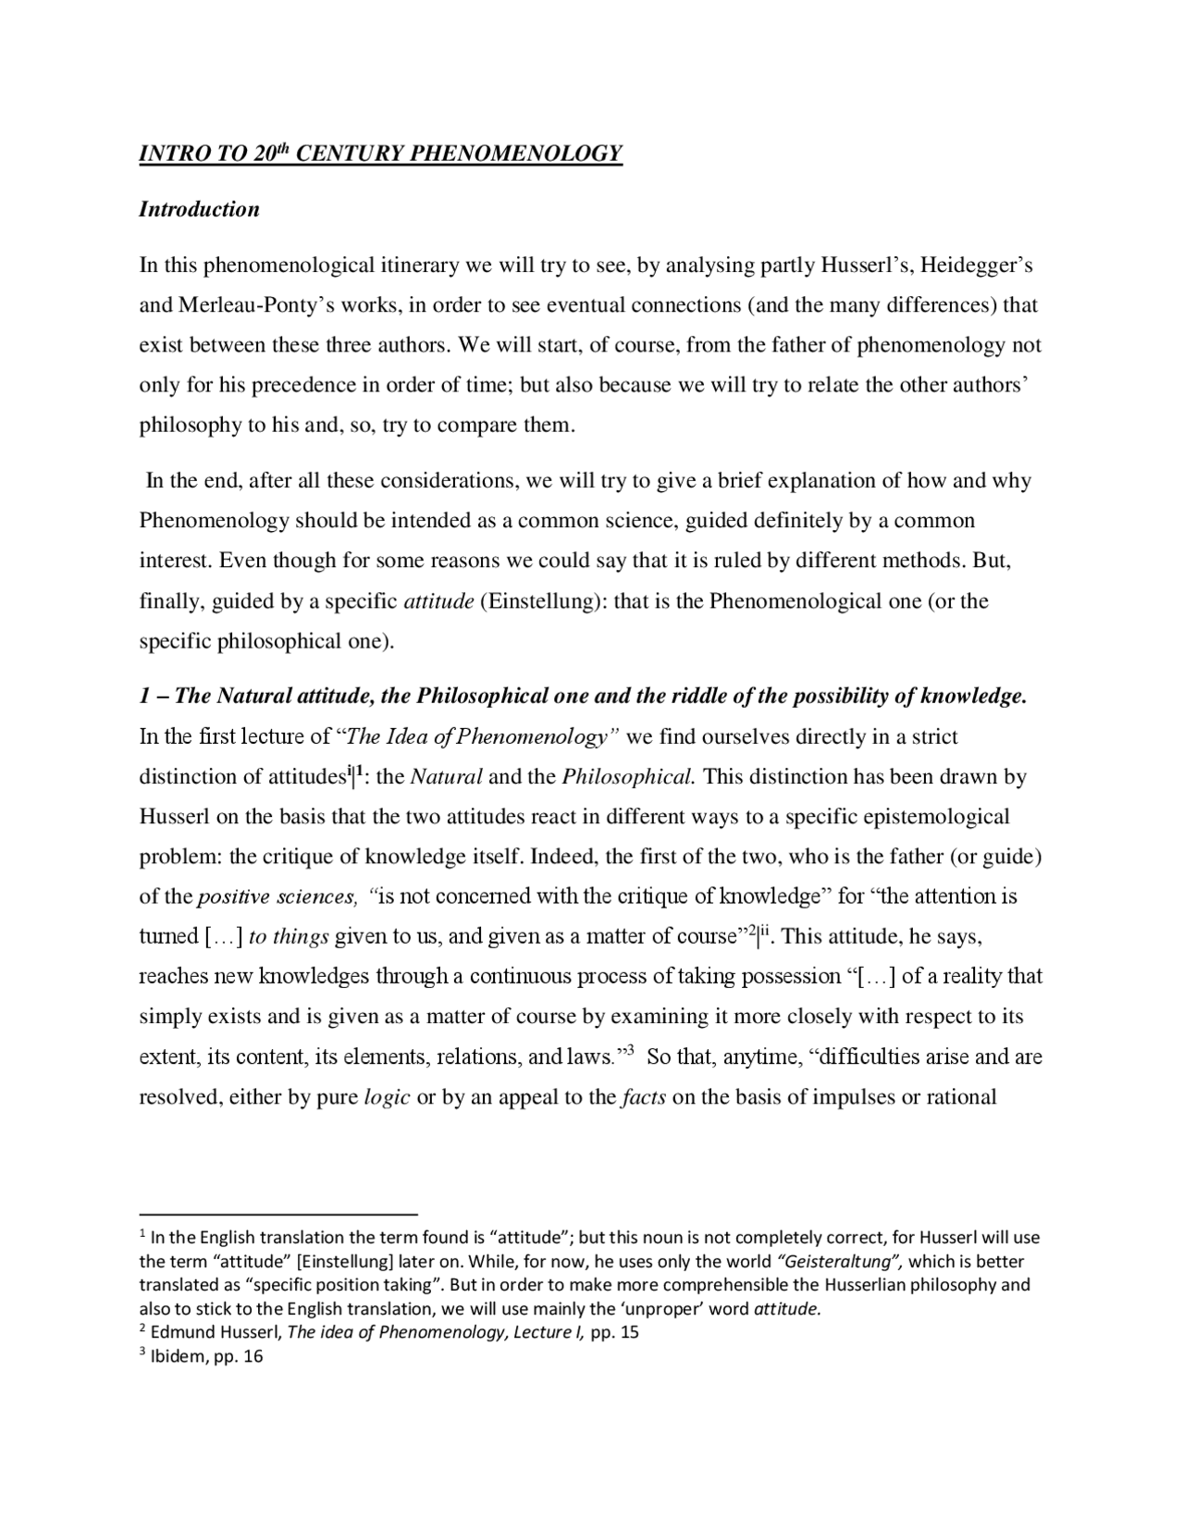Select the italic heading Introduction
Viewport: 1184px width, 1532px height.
tap(199, 209)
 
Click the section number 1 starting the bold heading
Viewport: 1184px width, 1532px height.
tap(144, 696)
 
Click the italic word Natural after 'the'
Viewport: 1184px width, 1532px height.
tap(446, 776)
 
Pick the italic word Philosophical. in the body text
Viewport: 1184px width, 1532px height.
tap(628, 776)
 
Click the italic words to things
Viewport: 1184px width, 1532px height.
tap(289, 936)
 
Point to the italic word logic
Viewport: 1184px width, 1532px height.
tap(387, 1097)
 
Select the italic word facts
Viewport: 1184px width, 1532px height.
tap(644, 1097)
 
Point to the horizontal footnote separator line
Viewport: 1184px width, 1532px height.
tap(278, 1212)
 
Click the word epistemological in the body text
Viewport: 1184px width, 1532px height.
tap(935, 817)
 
